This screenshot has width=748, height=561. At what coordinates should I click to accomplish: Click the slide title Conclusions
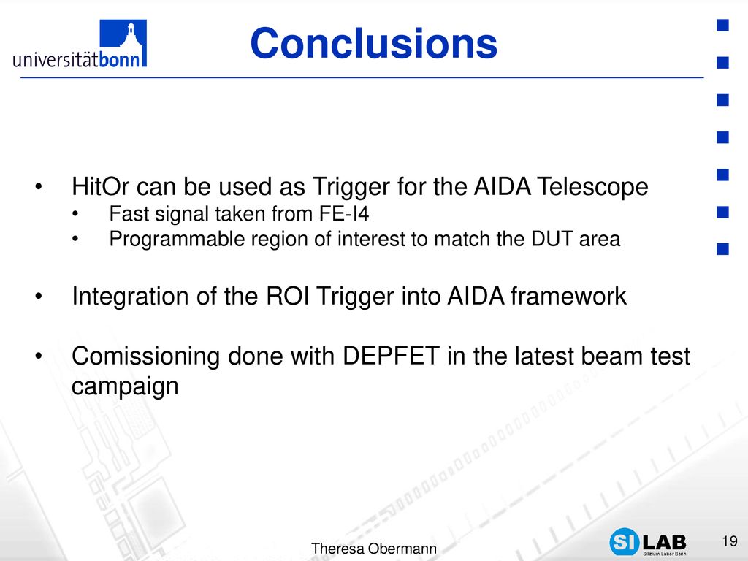[373, 43]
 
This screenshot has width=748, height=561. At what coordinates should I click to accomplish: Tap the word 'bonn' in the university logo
[120, 59]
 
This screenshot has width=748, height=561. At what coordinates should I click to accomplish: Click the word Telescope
[592, 186]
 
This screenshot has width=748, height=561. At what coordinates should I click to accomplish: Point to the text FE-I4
[344, 214]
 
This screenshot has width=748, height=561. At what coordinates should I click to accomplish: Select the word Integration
[130, 296]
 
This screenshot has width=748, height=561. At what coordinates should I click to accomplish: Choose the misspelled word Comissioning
[145, 356]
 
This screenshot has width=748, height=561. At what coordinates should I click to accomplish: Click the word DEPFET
[391, 356]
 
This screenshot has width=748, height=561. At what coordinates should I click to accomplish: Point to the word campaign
[125, 386]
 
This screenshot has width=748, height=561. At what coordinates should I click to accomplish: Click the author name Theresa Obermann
[373, 549]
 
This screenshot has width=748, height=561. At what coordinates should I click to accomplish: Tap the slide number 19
[730, 541]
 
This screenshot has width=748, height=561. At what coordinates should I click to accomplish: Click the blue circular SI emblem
[624, 542]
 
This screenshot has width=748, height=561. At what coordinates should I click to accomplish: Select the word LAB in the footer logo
[665, 542]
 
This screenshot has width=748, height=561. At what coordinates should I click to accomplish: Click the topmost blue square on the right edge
[722, 26]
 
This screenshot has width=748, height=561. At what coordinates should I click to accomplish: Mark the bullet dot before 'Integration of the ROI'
[39, 297]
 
